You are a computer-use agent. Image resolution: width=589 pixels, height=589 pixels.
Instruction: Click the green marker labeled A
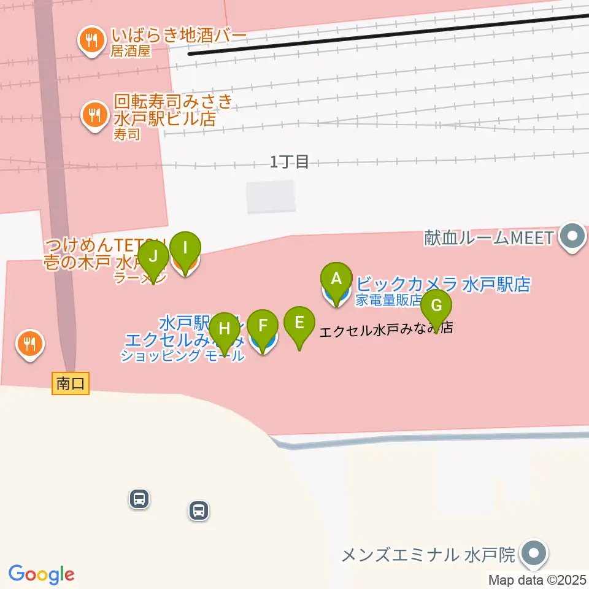(336, 279)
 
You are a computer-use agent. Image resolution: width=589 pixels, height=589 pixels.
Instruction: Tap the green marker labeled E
(299, 323)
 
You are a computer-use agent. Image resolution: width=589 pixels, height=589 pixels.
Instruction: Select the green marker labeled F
(263, 326)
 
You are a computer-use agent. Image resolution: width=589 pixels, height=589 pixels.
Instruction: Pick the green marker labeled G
(436, 306)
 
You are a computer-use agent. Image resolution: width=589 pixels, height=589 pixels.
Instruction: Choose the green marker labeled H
(225, 329)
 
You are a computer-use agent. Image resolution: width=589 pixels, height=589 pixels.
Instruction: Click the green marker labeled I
(185, 249)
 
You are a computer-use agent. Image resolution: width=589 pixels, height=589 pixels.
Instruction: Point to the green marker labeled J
(153, 256)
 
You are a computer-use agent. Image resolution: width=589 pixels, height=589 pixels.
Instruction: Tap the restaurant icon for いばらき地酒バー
(92, 40)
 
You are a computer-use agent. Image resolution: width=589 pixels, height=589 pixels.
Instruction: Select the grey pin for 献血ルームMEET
(573, 236)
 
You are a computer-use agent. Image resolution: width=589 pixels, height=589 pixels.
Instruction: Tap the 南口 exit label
(71, 384)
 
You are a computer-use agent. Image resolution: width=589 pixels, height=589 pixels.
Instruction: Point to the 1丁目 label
(290, 162)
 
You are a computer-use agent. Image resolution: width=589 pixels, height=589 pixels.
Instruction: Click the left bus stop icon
(140, 498)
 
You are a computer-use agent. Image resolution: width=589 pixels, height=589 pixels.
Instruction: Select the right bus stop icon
(199, 510)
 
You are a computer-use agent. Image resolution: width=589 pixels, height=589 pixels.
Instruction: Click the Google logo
(41, 574)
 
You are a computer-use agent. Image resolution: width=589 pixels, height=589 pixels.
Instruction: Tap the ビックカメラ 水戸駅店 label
(443, 284)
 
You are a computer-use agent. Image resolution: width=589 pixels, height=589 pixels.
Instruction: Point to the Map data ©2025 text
(537, 580)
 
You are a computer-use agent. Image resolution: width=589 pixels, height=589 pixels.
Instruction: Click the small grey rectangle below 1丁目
(271, 197)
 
